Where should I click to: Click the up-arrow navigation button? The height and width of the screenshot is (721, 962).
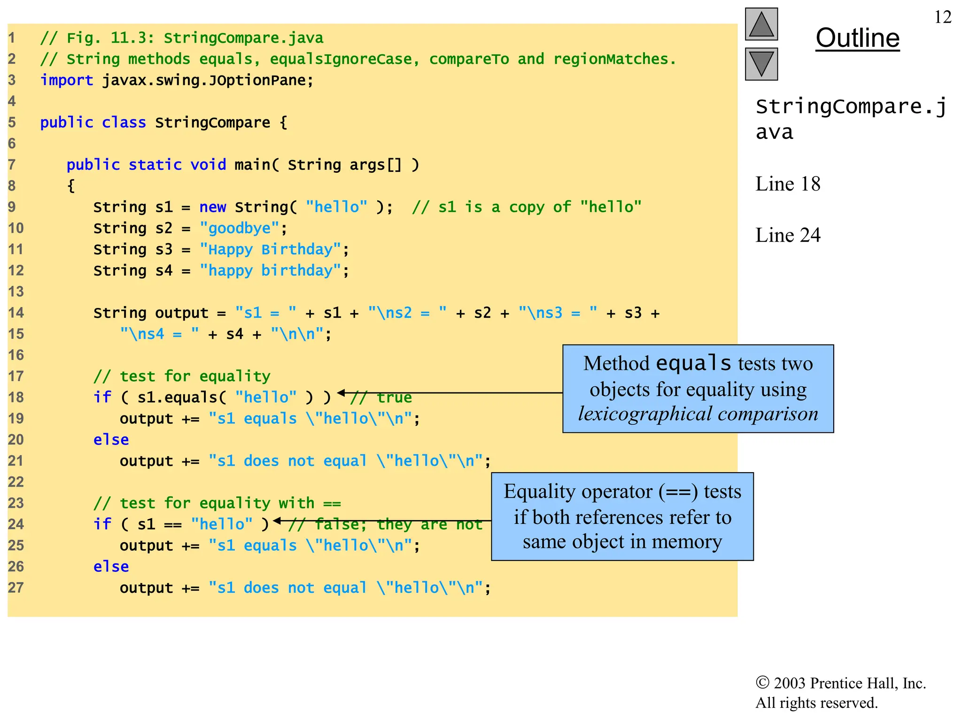(x=761, y=24)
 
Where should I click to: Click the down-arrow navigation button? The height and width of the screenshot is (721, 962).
(x=761, y=64)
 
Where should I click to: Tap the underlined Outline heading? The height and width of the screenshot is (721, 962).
(x=857, y=38)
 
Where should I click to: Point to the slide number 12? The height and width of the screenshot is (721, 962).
(x=942, y=17)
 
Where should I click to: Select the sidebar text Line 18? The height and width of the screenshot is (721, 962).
(x=788, y=184)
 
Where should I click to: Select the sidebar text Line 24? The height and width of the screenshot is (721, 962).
(x=788, y=235)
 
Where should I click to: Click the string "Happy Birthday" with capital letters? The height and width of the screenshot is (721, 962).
(x=270, y=250)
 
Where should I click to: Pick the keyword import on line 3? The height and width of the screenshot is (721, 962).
(x=66, y=80)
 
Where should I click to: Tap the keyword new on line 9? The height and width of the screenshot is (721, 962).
(x=212, y=207)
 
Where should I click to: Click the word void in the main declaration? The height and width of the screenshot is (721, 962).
(x=208, y=165)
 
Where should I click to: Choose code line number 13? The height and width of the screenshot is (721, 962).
(x=16, y=292)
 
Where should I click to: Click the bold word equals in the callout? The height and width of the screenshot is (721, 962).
(x=693, y=363)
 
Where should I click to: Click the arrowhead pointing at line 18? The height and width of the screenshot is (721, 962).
(x=341, y=393)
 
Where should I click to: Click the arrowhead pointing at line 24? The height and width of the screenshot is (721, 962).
(x=277, y=521)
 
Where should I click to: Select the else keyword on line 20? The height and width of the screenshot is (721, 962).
(x=111, y=440)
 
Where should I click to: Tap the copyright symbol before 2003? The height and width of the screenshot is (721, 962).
(x=762, y=683)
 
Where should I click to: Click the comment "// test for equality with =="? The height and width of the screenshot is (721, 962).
(x=217, y=503)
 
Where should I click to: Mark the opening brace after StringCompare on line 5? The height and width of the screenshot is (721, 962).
(x=283, y=123)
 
